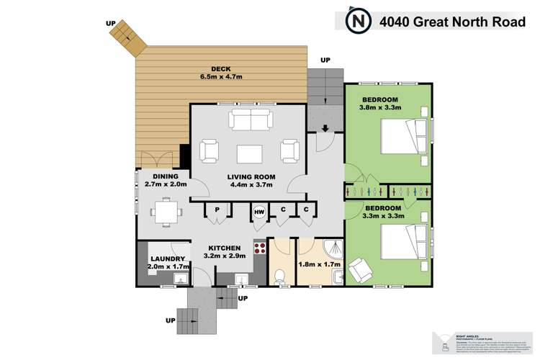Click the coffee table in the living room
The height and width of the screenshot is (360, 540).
tap(249, 153)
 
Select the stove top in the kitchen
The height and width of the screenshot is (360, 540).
tap(258, 251)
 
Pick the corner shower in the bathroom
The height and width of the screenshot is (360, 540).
tap(330, 248)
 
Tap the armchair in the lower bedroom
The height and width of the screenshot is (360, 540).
tap(360, 271)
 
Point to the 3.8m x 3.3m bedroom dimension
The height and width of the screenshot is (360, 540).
tap(382, 108)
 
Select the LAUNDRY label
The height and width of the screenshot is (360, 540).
tap(168, 258)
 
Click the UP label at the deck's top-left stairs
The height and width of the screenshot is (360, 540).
tap(111, 22)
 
